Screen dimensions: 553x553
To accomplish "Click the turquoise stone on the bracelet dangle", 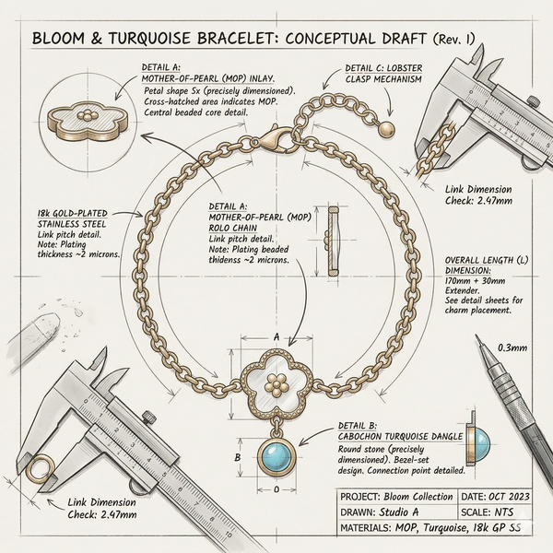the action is click(x=276, y=457).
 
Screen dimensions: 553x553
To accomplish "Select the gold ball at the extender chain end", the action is click(x=386, y=129).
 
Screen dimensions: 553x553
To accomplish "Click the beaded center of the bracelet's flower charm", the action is click(x=277, y=383).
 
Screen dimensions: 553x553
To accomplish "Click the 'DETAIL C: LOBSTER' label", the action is click(x=383, y=68).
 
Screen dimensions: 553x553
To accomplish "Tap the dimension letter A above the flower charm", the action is click(x=276, y=336).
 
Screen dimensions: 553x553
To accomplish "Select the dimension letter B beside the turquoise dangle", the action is click(x=238, y=457).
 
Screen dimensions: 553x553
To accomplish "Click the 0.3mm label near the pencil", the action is click(x=512, y=347).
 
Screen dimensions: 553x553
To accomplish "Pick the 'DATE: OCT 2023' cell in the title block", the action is click(x=495, y=497).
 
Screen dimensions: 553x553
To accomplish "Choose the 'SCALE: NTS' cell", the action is click(x=495, y=512).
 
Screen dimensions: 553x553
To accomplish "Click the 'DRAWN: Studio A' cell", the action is click(x=397, y=512).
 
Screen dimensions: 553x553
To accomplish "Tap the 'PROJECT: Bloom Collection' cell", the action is click(x=397, y=497).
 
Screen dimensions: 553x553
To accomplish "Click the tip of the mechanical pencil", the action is click(x=477, y=336).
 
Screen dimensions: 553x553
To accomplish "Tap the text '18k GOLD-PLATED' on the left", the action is click(x=72, y=214).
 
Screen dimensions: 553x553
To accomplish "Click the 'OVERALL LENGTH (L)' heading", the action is click(x=487, y=260).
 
